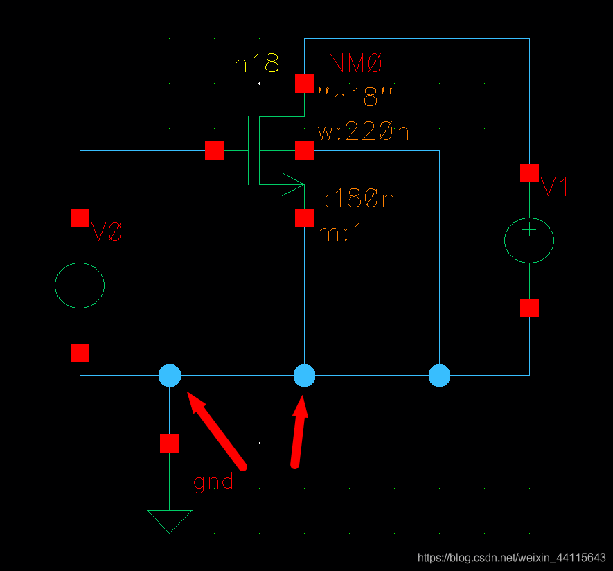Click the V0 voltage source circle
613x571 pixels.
pyautogui.click(x=80, y=285)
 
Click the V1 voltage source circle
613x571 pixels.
pyautogui.click(x=529, y=240)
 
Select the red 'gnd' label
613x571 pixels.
pyautogui.click(x=213, y=482)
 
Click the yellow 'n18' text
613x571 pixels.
pyautogui.click(x=256, y=64)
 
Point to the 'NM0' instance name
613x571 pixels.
pyautogui.click(x=355, y=64)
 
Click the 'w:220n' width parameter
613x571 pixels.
pyautogui.click(x=363, y=132)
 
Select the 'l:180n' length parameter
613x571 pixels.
pyautogui.click(x=355, y=200)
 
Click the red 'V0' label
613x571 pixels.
pyautogui.click(x=107, y=233)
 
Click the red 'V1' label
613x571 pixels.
pyautogui.click(x=555, y=187)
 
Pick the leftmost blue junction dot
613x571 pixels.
pyautogui.click(x=170, y=376)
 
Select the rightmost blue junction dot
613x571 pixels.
pyautogui.click(x=439, y=376)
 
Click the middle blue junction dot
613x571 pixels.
pyautogui.click(x=305, y=376)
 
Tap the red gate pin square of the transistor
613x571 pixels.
pyautogui.click(x=215, y=150)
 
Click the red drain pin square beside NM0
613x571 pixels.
pyautogui.click(x=304, y=83)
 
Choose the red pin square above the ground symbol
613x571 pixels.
pyautogui.click(x=169, y=443)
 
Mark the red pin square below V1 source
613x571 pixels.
pyautogui.click(x=530, y=308)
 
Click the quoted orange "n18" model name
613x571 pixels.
pyautogui.click(x=355, y=98)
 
